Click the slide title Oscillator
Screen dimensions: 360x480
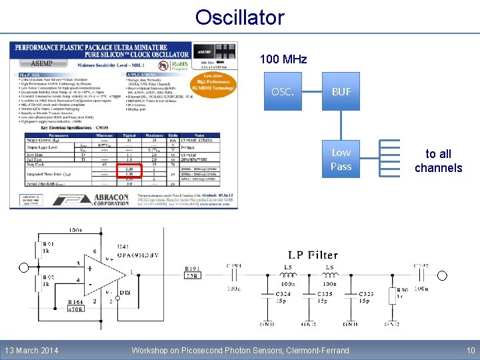click(240, 17)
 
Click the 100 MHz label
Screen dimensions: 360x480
click(283, 59)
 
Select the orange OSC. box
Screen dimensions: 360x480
click(283, 91)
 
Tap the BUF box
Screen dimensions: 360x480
click(341, 91)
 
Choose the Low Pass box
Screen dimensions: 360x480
click(341, 159)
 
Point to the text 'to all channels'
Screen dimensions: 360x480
click(438, 161)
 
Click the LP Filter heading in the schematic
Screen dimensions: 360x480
click(313, 255)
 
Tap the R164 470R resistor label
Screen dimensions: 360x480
click(75, 305)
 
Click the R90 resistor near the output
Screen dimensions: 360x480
click(401, 293)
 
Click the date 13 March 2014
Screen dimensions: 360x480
click(31, 351)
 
